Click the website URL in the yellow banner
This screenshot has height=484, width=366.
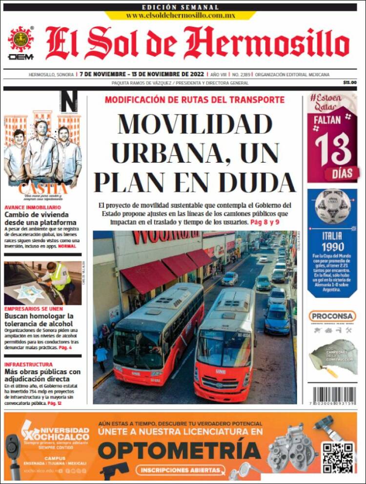(x=180, y=15)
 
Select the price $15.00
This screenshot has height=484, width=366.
(x=349, y=83)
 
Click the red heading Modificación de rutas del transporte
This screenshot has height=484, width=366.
(x=194, y=100)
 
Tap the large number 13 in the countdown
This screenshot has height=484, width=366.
(x=333, y=149)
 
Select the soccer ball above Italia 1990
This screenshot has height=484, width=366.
(x=332, y=207)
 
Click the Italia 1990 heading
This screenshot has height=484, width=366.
(x=332, y=242)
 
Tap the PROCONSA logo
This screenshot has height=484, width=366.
(x=332, y=316)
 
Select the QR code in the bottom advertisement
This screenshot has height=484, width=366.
(x=337, y=457)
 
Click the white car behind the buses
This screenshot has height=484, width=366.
(x=230, y=278)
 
